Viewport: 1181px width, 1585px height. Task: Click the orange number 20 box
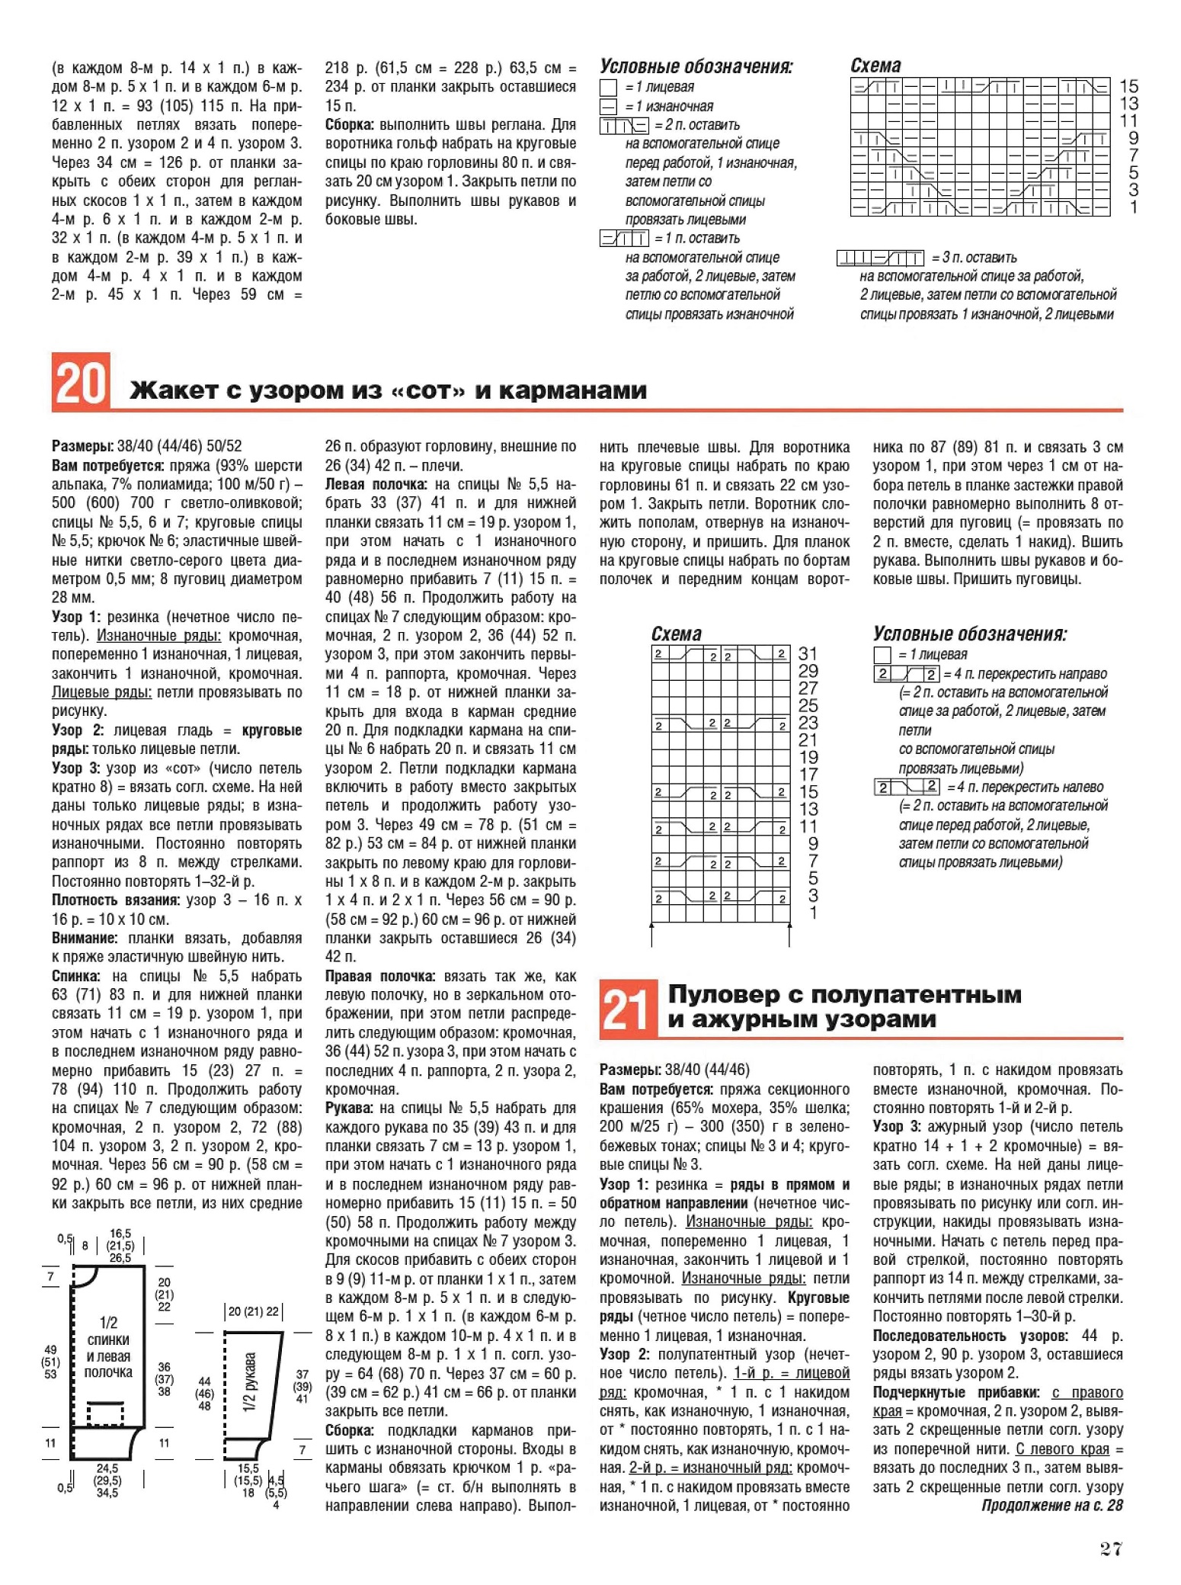81,382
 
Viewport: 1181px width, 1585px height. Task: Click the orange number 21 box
628,1009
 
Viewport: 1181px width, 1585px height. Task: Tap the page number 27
1111,1548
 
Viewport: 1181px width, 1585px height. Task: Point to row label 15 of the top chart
1128,86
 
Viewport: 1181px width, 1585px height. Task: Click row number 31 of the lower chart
808,653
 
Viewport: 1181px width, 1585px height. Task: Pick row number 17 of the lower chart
808,775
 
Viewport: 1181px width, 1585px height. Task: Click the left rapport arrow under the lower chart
652,934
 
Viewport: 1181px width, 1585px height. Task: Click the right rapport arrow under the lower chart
789,934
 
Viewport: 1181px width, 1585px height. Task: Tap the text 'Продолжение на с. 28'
1051,1505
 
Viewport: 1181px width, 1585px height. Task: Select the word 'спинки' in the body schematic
108,1339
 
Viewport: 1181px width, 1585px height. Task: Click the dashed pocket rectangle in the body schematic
104,1413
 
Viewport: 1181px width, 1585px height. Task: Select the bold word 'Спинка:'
76,976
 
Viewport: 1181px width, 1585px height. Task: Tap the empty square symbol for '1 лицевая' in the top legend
608,88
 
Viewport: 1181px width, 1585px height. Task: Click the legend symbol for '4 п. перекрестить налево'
907,787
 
